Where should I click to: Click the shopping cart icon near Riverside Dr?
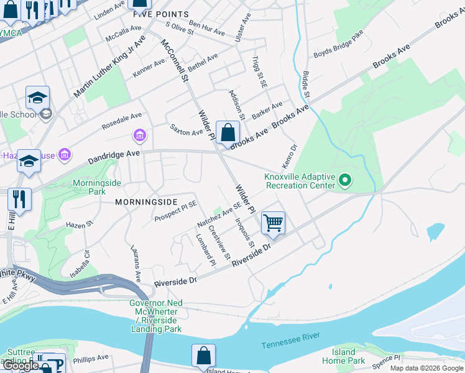click(274, 223)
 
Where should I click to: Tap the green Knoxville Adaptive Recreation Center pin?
click(345, 181)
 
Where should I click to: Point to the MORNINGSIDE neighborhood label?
click(146, 202)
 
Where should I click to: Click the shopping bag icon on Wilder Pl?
click(228, 132)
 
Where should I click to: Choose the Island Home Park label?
click(343, 356)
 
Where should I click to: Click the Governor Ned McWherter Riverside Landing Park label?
click(156, 316)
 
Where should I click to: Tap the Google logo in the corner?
click(21, 366)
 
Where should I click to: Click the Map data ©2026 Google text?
click(426, 368)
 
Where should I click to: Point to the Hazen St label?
click(79, 224)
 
